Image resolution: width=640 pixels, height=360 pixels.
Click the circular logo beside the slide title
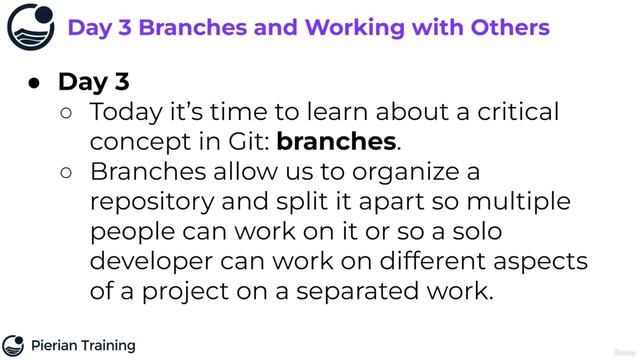[x=30, y=27]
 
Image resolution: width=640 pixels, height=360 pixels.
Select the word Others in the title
[x=509, y=27]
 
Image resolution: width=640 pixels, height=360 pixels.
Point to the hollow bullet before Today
[x=67, y=113]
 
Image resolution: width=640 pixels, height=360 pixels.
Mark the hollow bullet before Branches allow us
[x=67, y=173]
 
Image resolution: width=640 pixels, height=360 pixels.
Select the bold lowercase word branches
[x=336, y=142]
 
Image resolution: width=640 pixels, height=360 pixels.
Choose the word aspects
[x=546, y=262]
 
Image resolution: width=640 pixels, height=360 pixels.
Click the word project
[x=179, y=292]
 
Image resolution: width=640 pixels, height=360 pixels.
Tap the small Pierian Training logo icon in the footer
[x=13, y=346]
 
